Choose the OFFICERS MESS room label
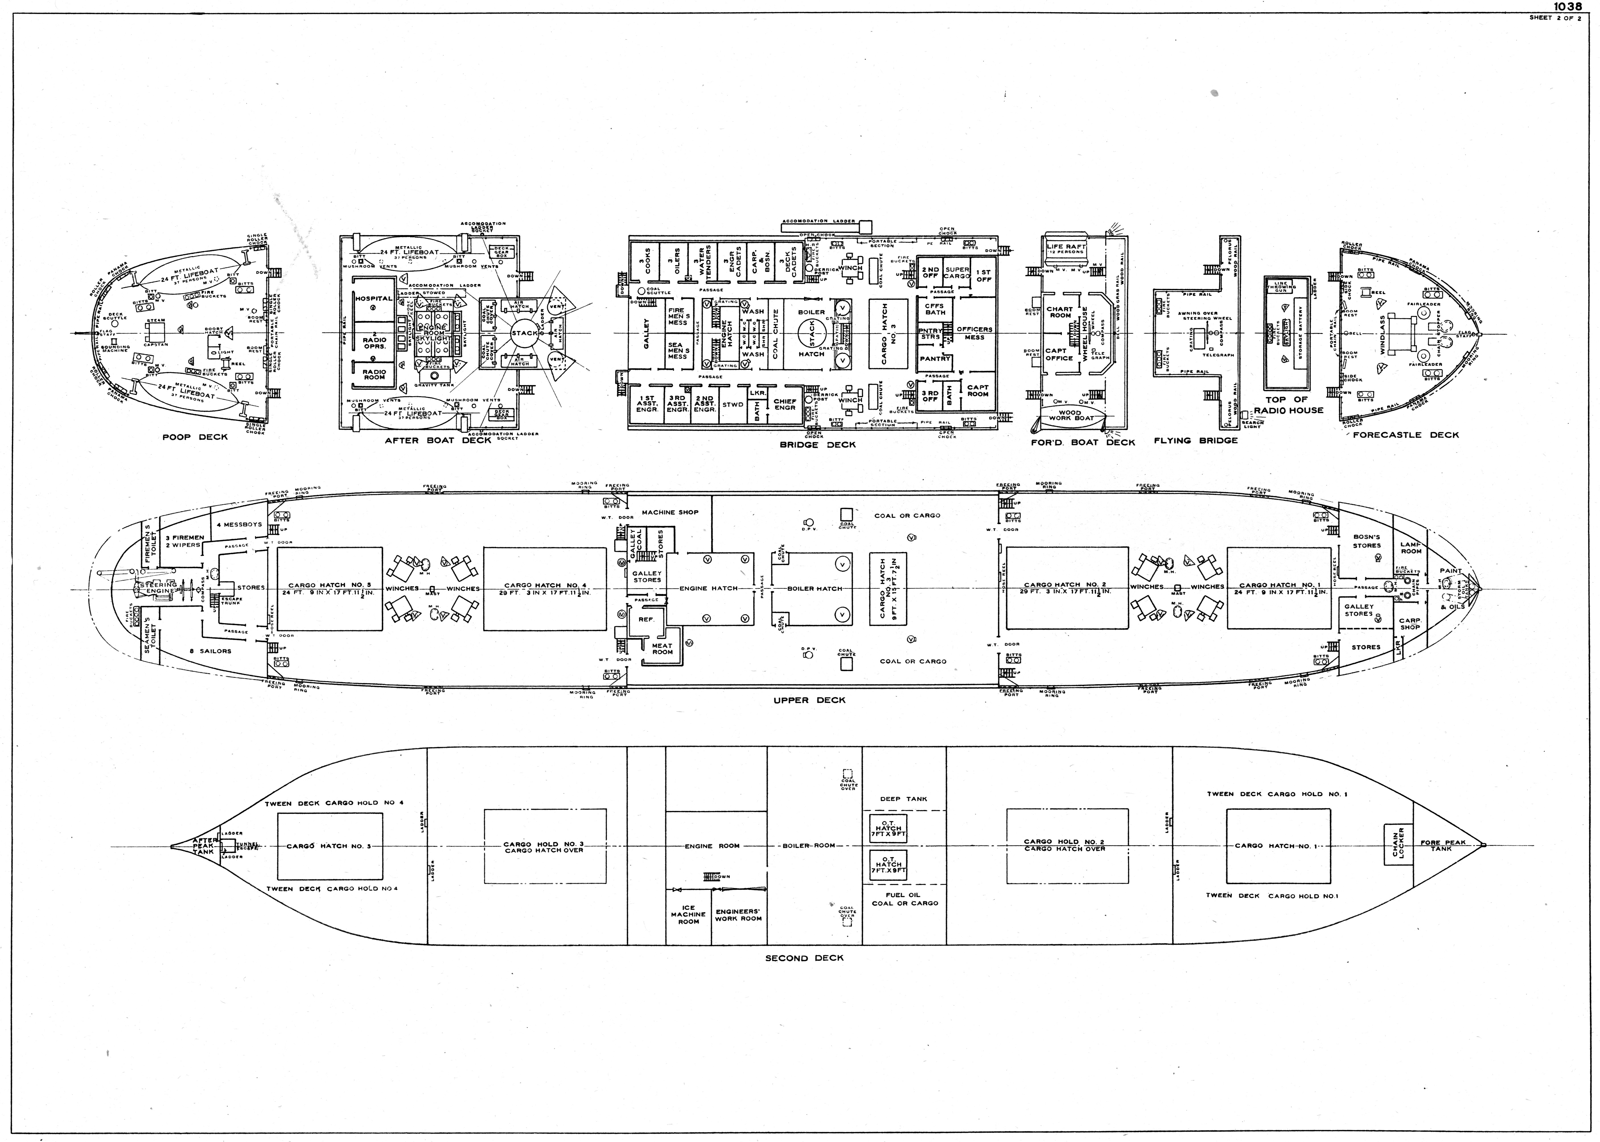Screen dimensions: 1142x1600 pyautogui.click(x=974, y=333)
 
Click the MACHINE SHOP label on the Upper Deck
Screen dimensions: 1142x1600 pyautogui.click(x=670, y=512)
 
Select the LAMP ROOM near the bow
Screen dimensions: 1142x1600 pyautogui.click(x=1410, y=548)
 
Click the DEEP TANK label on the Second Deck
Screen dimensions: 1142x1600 pyautogui.click(x=903, y=799)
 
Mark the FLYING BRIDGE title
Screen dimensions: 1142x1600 pyautogui.click(x=1195, y=441)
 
